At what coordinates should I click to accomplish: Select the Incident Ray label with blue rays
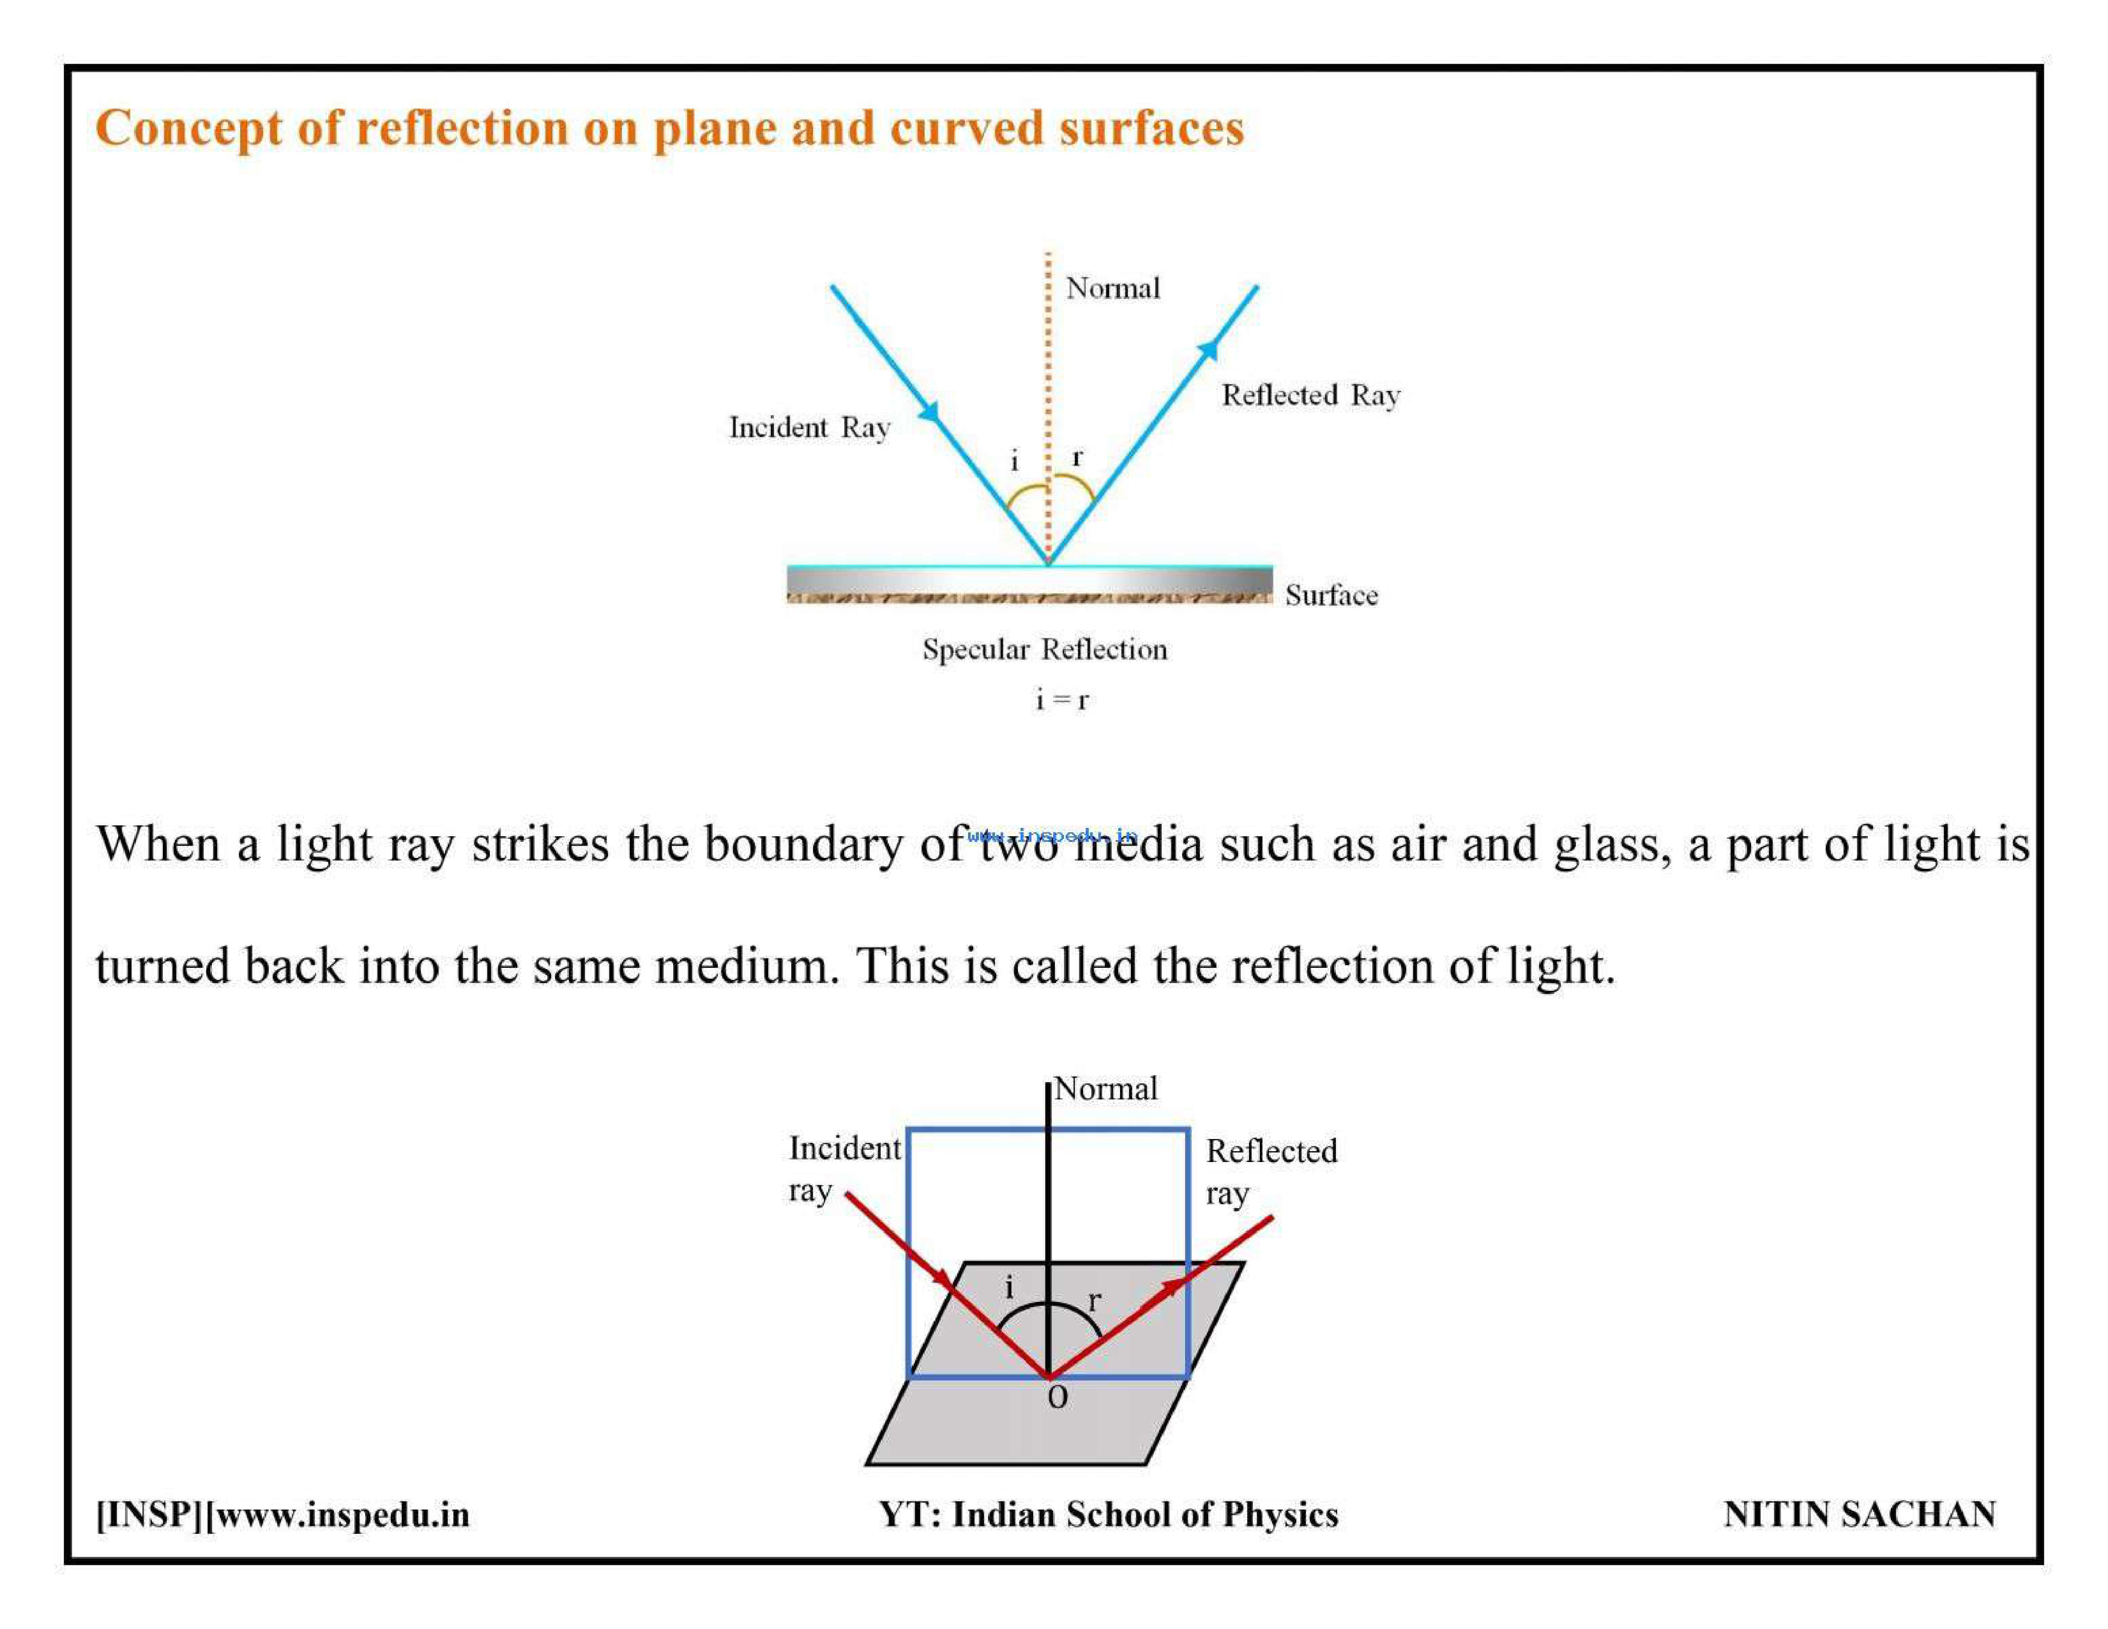[809, 428]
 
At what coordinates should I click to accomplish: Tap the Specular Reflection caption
[1044, 650]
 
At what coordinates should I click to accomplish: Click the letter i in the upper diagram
[1014, 460]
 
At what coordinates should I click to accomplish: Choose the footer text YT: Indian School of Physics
[1108, 1514]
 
